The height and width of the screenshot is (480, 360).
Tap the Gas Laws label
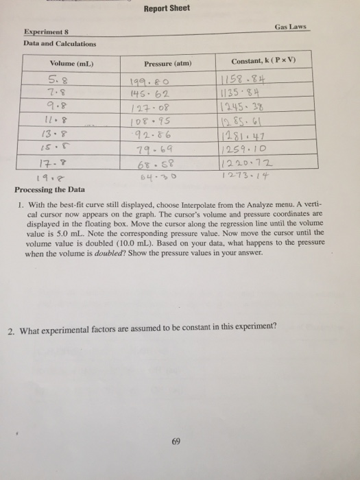291,27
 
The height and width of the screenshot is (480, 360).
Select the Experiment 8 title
51,32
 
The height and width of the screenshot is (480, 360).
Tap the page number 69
177,442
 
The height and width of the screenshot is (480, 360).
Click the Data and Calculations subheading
60,44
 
